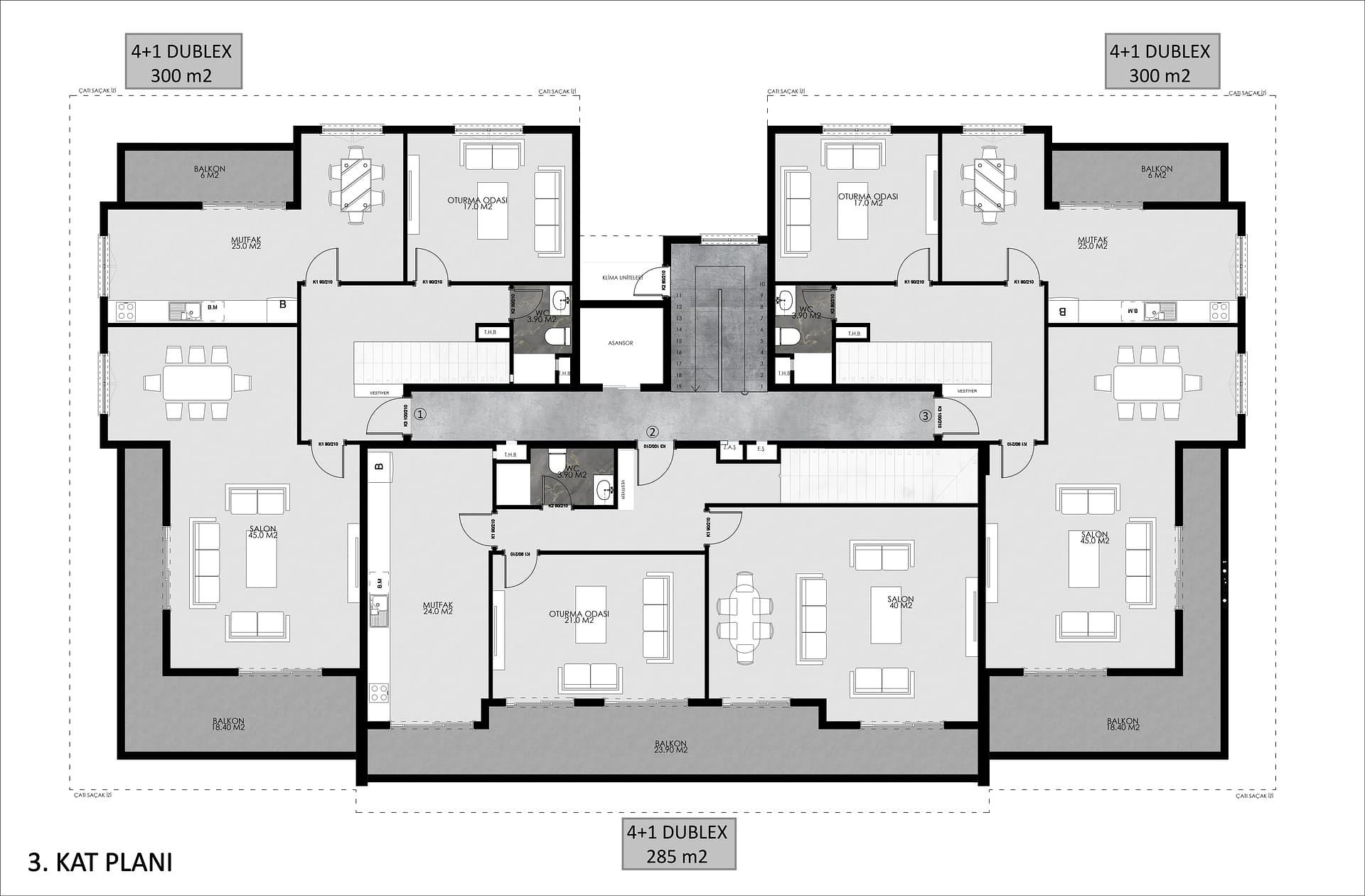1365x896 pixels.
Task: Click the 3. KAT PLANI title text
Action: [100, 862]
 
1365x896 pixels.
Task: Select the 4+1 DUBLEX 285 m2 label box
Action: [678, 843]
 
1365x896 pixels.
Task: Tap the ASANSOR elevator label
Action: [620, 343]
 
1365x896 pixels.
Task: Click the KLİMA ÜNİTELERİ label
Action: [622, 277]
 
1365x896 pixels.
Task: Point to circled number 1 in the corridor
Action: [420, 414]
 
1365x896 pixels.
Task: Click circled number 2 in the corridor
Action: [653, 431]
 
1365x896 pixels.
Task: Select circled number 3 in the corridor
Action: [925, 415]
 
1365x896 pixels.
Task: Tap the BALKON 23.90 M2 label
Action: [670, 747]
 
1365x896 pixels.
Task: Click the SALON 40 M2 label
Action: [900, 602]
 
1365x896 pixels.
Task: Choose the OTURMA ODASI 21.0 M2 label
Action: [579, 617]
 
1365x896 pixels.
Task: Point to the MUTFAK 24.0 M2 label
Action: [437, 608]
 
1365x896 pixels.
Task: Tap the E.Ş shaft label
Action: [761, 449]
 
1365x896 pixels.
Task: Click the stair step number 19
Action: [679, 386]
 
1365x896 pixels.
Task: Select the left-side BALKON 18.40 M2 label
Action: [228, 724]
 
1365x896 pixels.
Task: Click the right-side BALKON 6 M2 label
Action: [1157, 171]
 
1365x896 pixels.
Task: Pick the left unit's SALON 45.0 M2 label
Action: [262, 532]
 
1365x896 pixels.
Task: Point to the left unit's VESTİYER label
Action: [380, 392]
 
